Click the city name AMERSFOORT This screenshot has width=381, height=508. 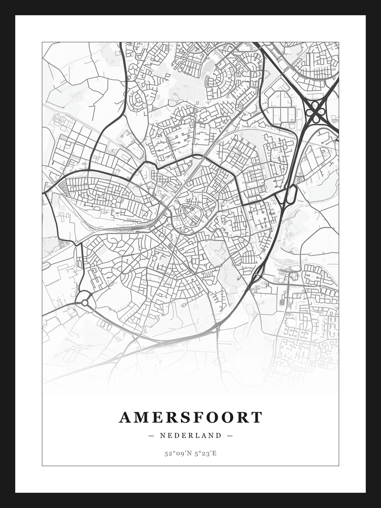190,418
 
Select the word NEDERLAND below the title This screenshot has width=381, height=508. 190,435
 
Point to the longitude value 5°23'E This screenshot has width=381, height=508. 205,453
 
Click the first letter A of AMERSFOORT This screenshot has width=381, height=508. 125,418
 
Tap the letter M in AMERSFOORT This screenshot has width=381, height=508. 141,418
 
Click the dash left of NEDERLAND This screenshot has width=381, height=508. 151,435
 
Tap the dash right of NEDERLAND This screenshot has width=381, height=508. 230,435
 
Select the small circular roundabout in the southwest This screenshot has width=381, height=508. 85,302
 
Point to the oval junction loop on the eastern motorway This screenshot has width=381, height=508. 291,194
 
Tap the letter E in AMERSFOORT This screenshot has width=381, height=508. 157,418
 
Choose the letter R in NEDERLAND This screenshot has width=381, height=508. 191,435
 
